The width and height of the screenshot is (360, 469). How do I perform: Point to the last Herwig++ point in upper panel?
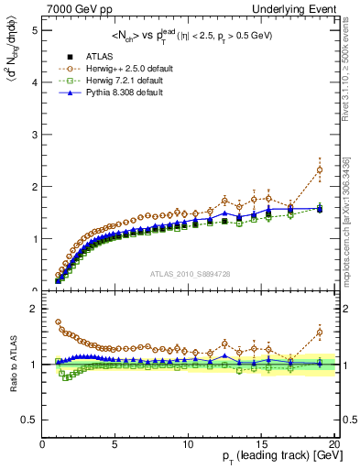pos(320,169)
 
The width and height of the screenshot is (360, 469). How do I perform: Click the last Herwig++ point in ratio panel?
pos(320,333)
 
